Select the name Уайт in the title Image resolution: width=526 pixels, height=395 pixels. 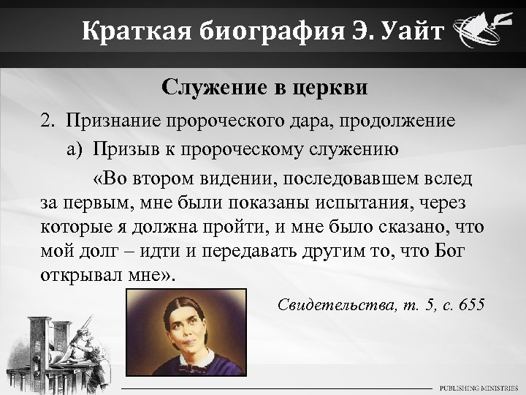[405, 31]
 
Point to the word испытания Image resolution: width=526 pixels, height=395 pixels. [381, 202]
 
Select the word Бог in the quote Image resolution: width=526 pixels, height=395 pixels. [466, 251]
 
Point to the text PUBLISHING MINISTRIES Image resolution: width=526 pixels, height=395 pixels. [478, 387]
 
